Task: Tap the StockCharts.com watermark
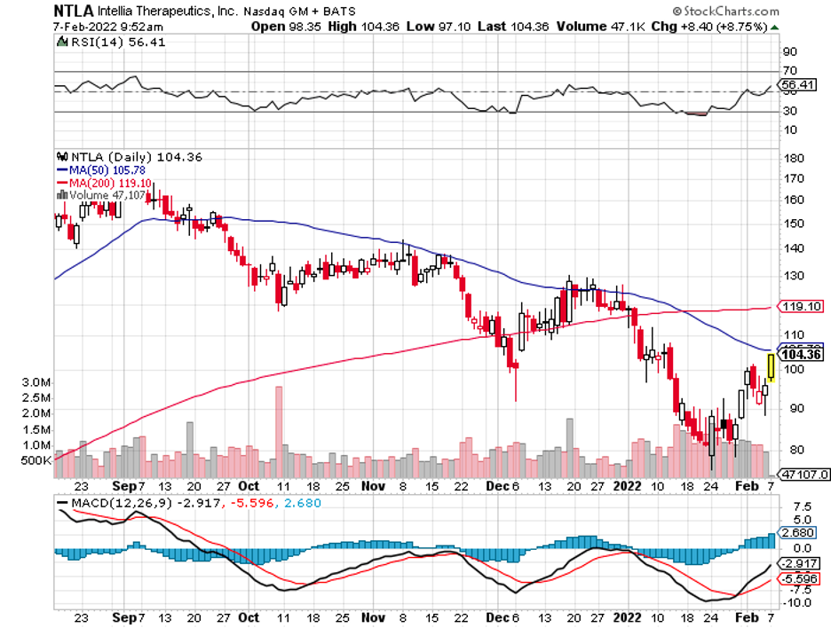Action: pos(726,12)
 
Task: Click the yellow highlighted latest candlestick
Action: pos(771,367)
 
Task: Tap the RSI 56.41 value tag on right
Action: pos(795,86)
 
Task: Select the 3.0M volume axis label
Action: pos(36,381)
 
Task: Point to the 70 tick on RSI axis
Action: pos(787,70)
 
